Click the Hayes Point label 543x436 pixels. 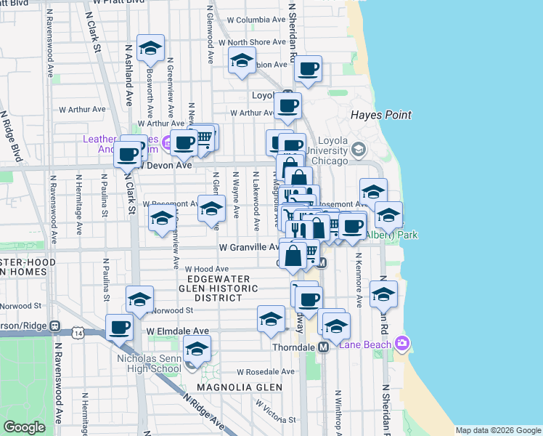(380, 115)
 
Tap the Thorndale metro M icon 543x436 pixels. (324, 347)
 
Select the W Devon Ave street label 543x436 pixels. (167, 166)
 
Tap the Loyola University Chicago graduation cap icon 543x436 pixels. (358, 150)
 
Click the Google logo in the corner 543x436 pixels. (23, 427)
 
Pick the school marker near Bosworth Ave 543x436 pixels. (150, 49)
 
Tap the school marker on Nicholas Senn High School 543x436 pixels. (197, 350)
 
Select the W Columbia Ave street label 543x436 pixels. (253, 20)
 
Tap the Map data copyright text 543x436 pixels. (497, 430)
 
